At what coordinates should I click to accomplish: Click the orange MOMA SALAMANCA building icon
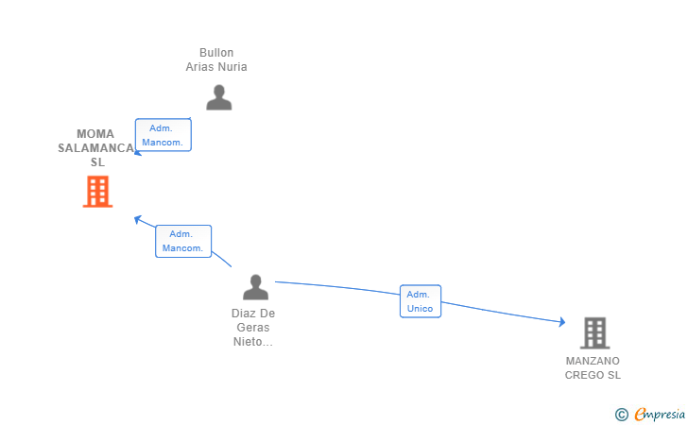point(98,191)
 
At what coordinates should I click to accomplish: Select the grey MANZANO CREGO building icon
point(595,332)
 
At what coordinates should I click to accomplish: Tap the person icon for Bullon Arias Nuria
point(219,97)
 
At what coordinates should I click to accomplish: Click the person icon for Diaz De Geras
point(255,287)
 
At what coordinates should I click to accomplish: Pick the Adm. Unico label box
point(421,301)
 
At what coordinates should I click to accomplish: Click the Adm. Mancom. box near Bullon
point(163,135)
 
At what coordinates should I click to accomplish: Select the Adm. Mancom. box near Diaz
point(183,241)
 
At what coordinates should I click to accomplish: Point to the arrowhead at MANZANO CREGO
point(562,322)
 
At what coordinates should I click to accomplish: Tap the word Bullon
point(216,53)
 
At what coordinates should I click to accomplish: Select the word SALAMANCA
point(96,148)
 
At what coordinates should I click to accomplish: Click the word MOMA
point(95,134)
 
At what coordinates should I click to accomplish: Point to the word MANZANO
point(593,361)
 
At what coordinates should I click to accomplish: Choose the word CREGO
point(580,375)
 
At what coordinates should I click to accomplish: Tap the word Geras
point(253,327)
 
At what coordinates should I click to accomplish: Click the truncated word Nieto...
point(252,342)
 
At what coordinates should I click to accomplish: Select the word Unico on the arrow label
point(420,308)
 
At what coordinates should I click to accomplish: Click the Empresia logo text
point(660,414)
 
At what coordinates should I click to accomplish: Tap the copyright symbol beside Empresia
point(622,415)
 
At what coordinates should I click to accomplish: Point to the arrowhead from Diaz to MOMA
point(137,219)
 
